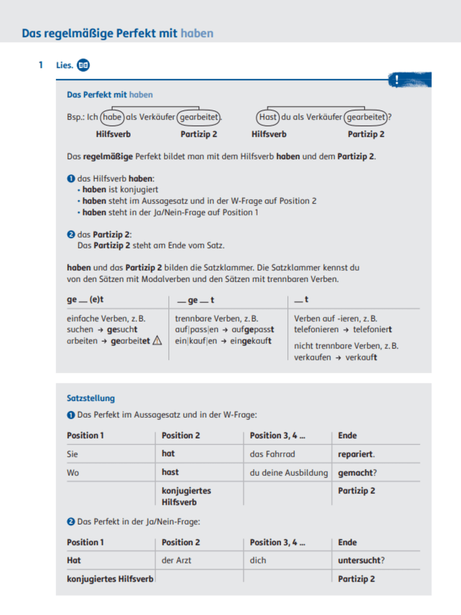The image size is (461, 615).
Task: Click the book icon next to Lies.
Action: pos(83,65)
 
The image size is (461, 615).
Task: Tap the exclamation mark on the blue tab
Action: pos(397,80)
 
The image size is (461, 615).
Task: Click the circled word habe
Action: pos(112,117)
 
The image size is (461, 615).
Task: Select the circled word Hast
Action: pos(268,117)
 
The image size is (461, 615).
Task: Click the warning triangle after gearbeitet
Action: pos(157,341)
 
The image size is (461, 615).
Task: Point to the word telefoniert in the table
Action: pos(372,329)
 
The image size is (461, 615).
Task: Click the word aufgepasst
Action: pos(253,329)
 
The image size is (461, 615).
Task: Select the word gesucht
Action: pos(122,329)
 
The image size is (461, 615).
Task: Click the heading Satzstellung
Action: pos(91,398)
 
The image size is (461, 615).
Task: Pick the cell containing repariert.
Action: pos(356,454)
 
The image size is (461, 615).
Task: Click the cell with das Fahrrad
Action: pos(272,454)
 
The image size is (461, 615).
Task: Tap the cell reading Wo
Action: pos(73,473)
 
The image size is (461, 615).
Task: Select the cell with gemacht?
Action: pos(357,473)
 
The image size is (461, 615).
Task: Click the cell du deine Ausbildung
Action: pos(289,473)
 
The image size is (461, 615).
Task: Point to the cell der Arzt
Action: pos(176,560)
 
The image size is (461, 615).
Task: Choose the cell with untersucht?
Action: pos(361,560)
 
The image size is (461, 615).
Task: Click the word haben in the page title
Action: pos(197,33)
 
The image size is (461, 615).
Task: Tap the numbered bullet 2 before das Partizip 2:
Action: pos(71,234)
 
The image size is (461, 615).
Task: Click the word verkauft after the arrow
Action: pos(361,357)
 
